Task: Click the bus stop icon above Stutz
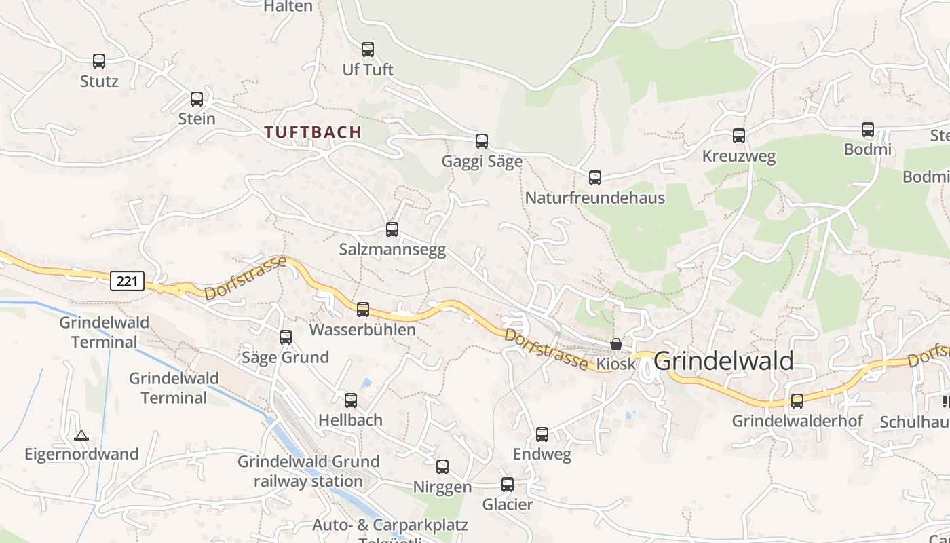[99, 61]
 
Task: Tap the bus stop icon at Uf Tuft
[368, 50]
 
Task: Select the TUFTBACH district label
[313, 132]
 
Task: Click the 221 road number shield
[128, 280]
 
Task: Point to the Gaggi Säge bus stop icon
[482, 141]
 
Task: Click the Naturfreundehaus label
[594, 198]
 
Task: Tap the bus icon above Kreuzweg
[739, 136]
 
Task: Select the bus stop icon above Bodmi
[868, 130]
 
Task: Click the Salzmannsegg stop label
[392, 250]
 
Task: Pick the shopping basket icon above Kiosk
[616, 344]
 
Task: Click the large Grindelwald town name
[723, 361]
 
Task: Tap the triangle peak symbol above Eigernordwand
[81, 435]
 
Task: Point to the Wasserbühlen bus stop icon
[363, 310]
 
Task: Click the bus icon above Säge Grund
[286, 337]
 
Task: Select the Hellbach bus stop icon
[351, 400]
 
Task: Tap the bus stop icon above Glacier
[508, 485]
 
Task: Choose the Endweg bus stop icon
[542, 434]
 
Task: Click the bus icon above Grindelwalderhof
[797, 401]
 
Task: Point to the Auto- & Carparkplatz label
[389, 525]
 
